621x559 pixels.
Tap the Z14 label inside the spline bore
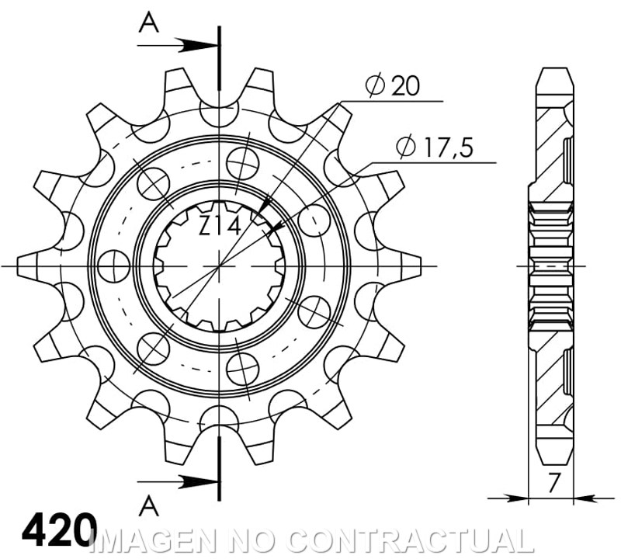click(x=219, y=226)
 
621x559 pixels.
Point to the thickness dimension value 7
click(x=552, y=484)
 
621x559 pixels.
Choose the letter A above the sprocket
click(x=149, y=24)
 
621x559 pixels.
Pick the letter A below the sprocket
click(x=149, y=506)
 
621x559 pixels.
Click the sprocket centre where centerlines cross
click(x=220, y=266)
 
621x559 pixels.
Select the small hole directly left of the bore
click(x=115, y=266)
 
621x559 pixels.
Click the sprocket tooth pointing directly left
click(x=31, y=266)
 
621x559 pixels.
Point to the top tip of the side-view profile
click(x=554, y=72)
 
